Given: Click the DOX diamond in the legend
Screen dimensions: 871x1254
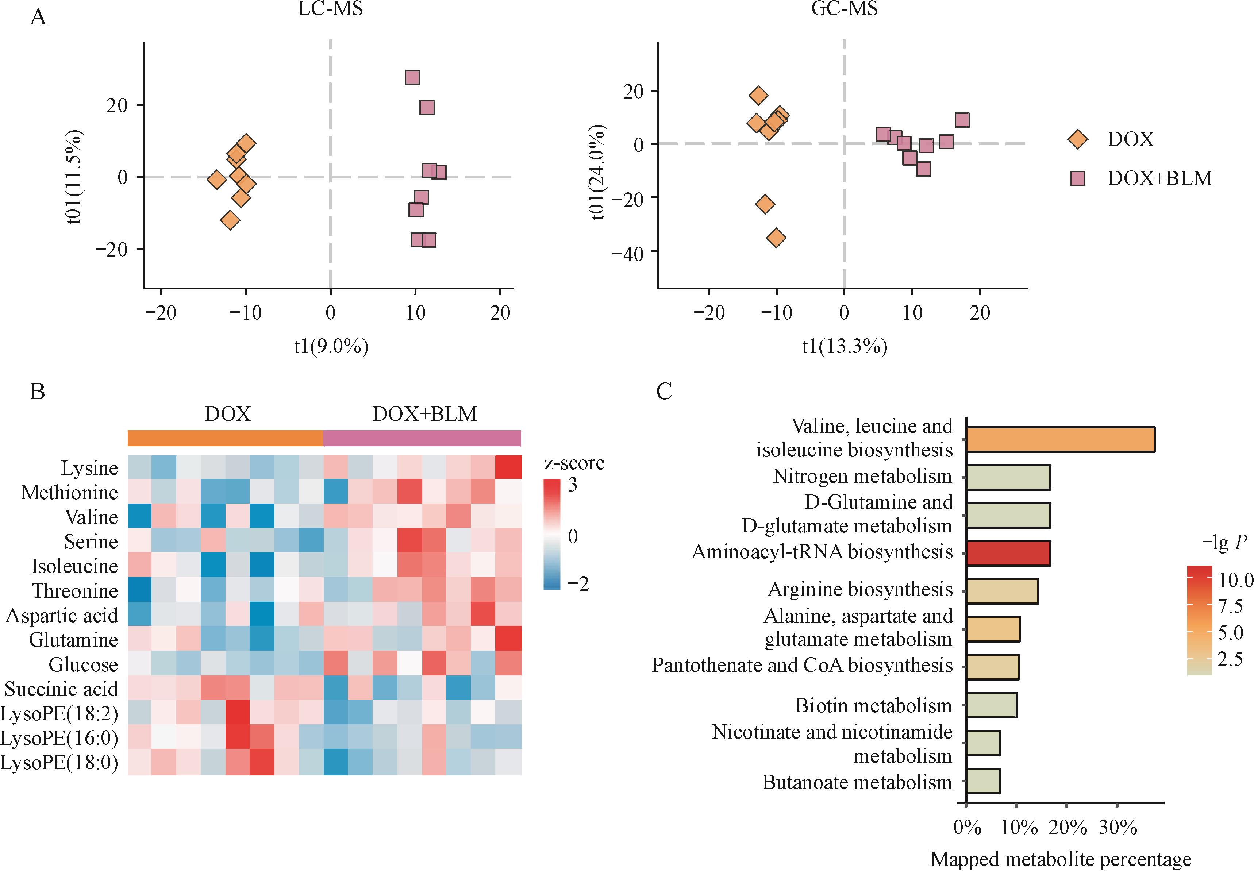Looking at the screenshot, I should pos(1077,139).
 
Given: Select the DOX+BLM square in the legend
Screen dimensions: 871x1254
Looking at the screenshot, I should pos(1078,178).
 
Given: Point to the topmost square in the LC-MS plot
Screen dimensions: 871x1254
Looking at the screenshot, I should pos(412,77).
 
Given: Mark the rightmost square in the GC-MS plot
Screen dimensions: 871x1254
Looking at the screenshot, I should pos(962,120).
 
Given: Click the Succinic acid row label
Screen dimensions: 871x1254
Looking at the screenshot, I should pos(61,689).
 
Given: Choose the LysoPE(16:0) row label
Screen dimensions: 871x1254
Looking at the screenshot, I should pos(59,739).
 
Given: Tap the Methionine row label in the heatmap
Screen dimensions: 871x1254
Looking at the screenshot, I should pos(69,493).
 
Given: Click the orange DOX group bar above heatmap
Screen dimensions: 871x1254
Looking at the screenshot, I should pos(226,439).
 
